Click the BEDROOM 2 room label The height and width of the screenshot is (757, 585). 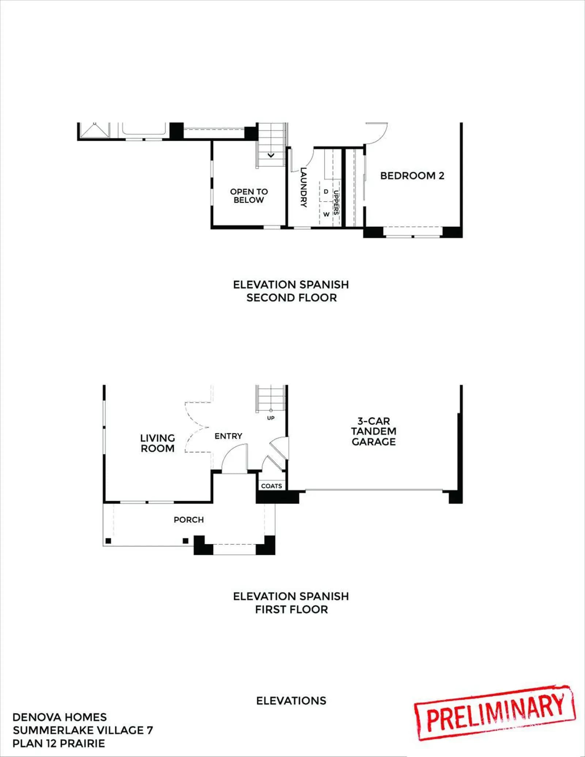[x=412, y=176]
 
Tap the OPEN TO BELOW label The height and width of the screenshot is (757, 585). [x=249, y=196]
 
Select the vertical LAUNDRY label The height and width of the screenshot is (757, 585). [x=303, y=187]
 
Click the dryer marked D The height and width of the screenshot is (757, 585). [x=326, y=192]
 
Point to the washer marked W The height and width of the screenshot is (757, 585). [x=326, y=214]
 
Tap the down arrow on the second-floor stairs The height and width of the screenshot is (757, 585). [x=271, y=155]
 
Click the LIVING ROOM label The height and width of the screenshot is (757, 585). [x=158, y=443]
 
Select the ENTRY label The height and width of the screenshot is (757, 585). [x=229, y=436]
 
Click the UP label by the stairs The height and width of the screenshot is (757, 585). [x=271, y=418]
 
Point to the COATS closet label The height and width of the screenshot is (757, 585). [x=272, y=486]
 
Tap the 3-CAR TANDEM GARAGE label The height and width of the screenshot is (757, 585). [x=374, y=432]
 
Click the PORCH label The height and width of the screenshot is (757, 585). [x=189, y=520]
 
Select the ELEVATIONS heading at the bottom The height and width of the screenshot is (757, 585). [x=291, y=701]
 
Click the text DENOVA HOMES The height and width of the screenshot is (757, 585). [x=60, y=717]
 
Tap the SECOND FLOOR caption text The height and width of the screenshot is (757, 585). [x=291, y=298]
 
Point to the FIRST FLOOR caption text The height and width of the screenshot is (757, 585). [x=291, y=609]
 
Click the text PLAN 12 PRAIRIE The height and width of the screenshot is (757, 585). [x=58, y=743]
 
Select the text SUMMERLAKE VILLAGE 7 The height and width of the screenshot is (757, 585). [x=83, y=730]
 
